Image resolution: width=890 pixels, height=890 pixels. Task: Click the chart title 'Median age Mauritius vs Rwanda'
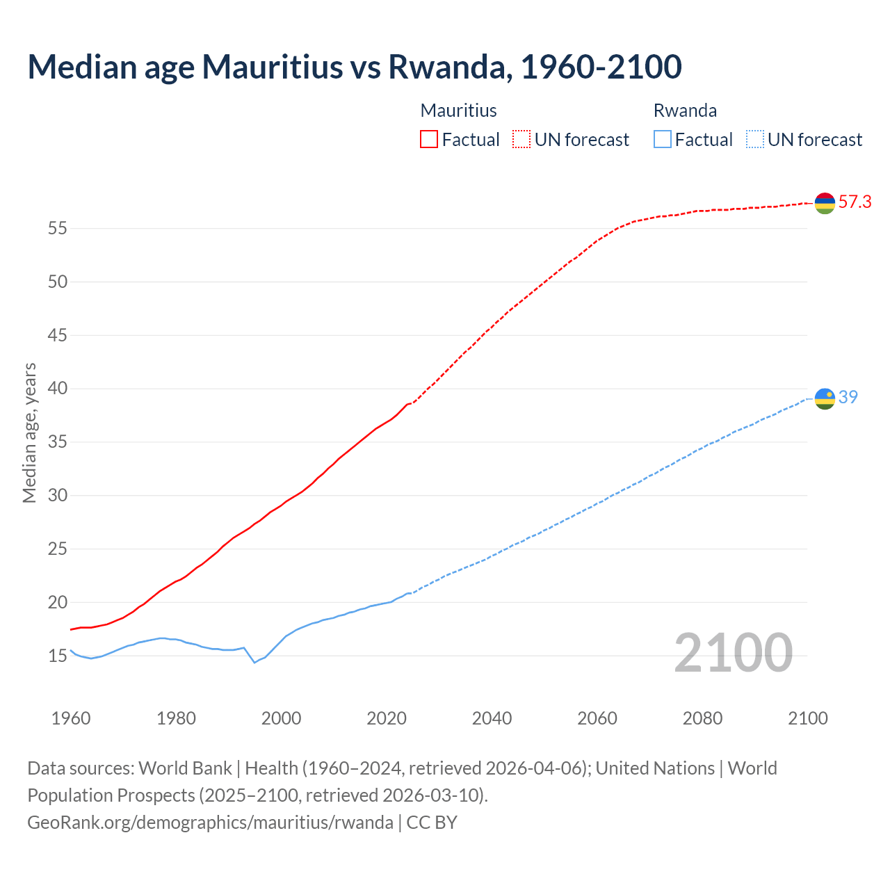click(354, 67)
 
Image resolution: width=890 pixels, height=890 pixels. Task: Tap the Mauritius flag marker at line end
click(825, 203)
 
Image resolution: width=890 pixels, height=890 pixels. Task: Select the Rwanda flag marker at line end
click(825, 398)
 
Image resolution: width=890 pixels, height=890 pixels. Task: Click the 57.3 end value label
click(855, 202)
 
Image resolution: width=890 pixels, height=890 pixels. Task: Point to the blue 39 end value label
click(848, 397)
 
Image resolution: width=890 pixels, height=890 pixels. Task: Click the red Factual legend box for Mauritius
click(429, 140)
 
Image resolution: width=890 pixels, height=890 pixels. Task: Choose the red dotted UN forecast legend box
click(521, 140)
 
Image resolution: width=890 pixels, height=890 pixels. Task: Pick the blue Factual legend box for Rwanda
click(662, 140)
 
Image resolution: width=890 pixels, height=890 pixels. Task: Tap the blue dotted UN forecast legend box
click(754, 140)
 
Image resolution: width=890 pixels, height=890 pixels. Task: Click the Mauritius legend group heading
click(458, 111)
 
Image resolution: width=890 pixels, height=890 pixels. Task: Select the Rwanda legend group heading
click(685, 111)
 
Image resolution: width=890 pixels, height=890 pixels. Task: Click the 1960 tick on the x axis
click(71, 718)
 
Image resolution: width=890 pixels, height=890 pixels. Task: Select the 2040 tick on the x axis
click(492, 718)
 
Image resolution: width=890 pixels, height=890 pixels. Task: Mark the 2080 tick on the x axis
click(702, 718)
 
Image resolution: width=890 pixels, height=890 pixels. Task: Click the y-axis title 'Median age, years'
click(29, 432)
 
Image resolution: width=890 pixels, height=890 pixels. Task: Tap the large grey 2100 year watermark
click(733, 653)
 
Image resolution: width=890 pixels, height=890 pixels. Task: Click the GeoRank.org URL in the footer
click(210, 823)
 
